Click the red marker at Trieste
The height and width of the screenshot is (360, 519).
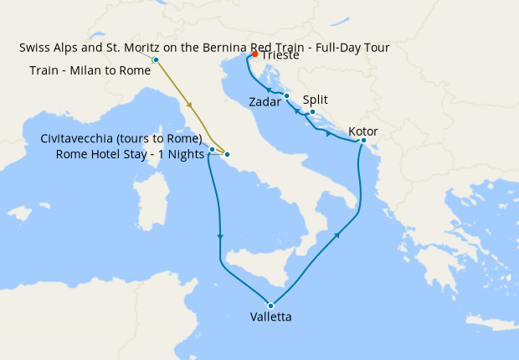click(254, 54)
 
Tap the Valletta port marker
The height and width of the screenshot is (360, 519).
click(270, 306)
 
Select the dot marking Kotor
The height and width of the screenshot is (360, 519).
click(363, 140)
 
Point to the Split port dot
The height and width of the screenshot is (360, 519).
click(312, 112)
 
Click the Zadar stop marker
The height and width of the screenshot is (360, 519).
click(286, 95)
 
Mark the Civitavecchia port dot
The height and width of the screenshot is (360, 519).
click(212, 150)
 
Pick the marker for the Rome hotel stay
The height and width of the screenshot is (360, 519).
click(227, 155)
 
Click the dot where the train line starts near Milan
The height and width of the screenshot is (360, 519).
click(156, 60)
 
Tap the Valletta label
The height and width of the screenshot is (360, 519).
click(271, 317)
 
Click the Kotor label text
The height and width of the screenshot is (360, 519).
click(363, 131)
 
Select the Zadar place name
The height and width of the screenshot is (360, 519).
click(265, 102)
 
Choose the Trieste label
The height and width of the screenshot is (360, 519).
click(280, 55)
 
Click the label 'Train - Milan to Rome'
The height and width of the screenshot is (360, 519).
click(90, 70)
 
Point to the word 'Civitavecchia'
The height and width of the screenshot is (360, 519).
click(79, 138)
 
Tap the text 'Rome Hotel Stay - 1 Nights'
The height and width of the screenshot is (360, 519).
click(130, 154)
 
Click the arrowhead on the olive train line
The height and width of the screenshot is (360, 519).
click(192, 106)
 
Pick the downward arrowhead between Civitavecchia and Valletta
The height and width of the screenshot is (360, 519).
click(219, 236)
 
